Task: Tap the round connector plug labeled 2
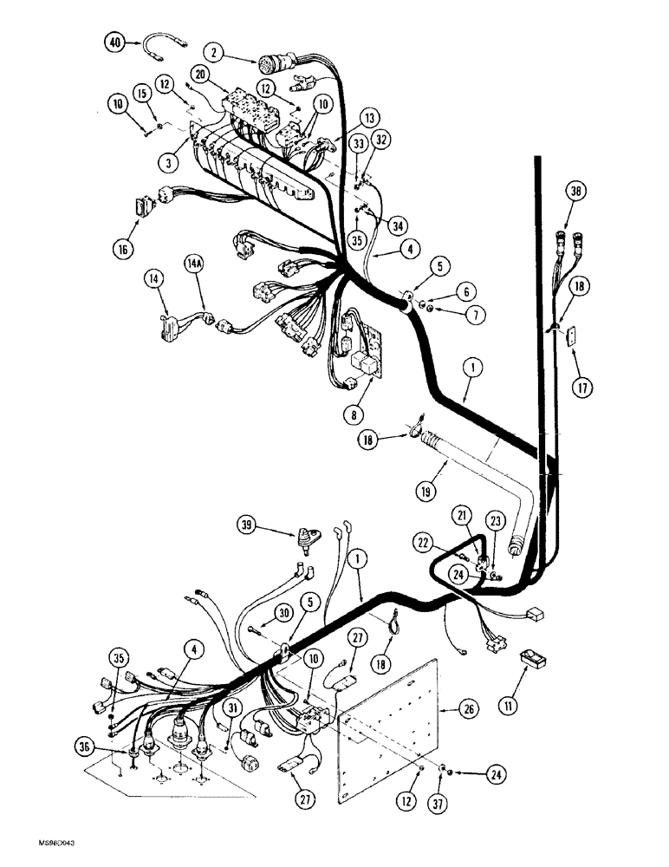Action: click(x=271, y=64)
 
